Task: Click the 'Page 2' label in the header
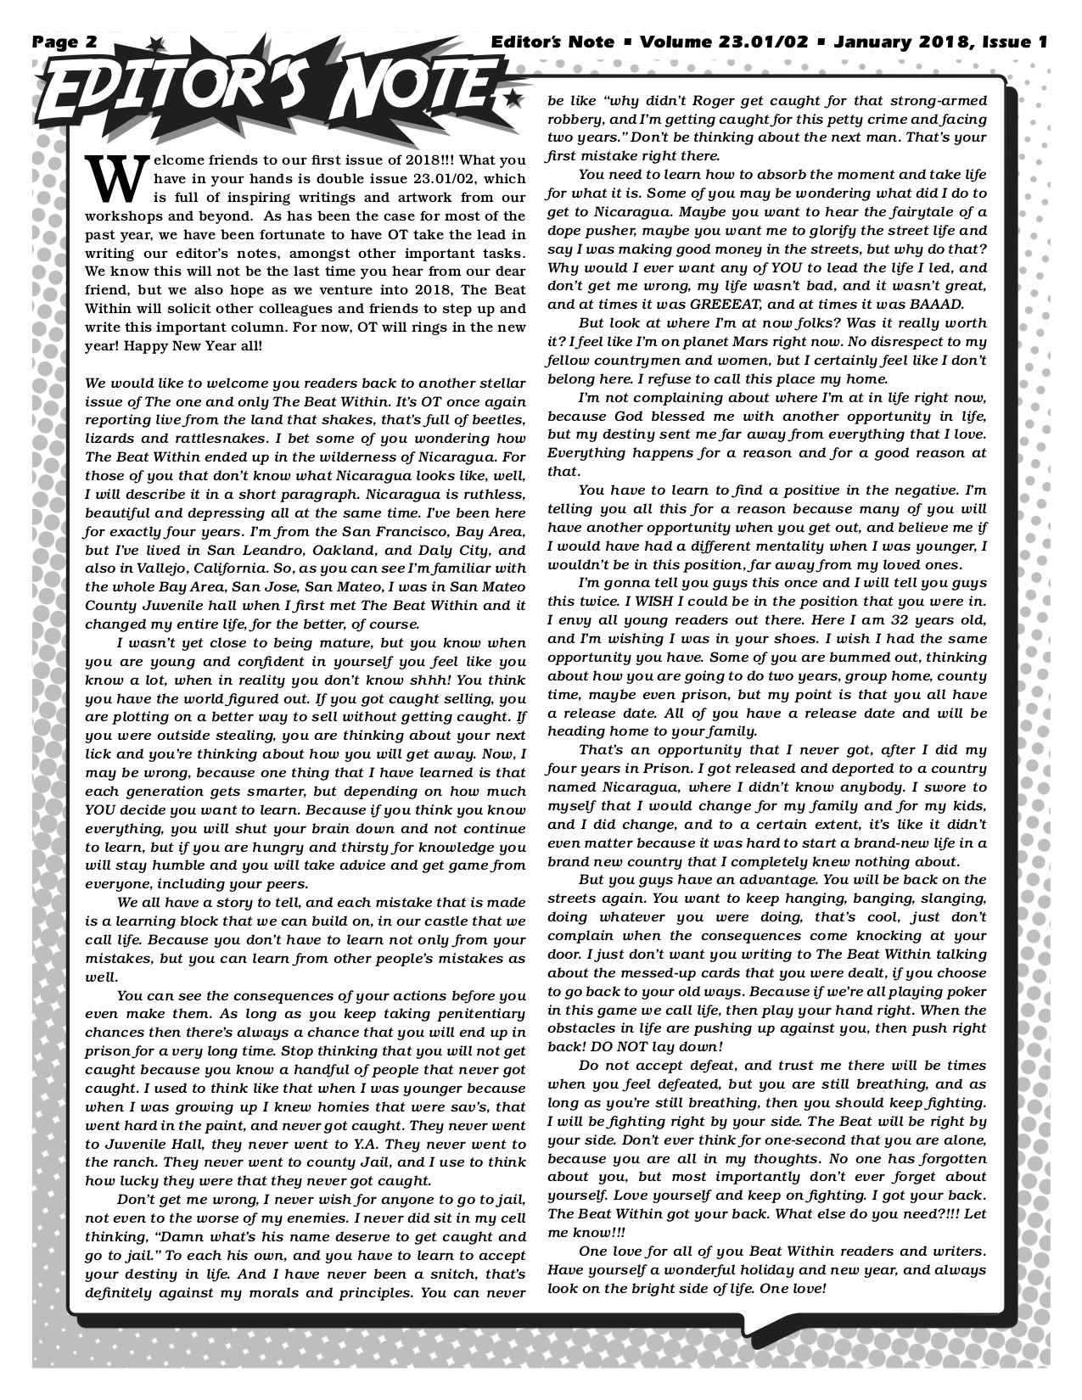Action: point(65,42)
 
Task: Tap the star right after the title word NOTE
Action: point(511,100)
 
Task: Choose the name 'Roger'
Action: point(710,99)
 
